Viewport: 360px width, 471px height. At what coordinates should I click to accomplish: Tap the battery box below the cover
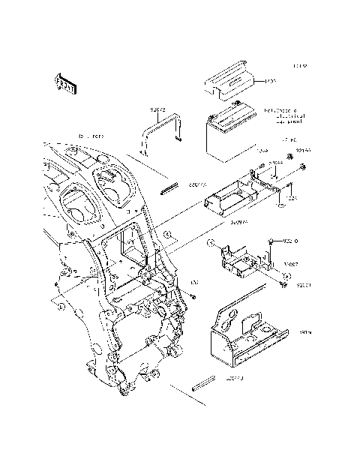point(233,135)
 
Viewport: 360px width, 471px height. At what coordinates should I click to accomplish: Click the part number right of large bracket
point(305,330)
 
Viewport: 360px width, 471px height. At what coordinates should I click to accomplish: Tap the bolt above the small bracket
point(269,241)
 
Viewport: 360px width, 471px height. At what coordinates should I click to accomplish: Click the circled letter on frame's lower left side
point(61,306)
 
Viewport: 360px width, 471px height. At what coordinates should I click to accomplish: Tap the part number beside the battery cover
point(271,80)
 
